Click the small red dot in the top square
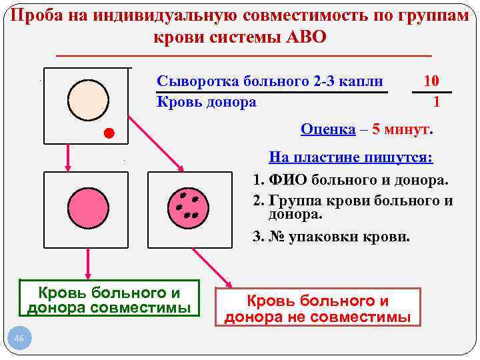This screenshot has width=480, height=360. (x=109, y=133)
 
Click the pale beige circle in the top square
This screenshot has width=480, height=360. (x=88, y=100)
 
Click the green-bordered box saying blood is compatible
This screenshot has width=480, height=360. (x=110, y=300)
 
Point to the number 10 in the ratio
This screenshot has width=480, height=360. (x=431, y=81)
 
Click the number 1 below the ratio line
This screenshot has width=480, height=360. (x=436, y=102)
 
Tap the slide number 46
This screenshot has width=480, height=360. (x=19, y=340)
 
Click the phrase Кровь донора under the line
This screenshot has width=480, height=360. (x=207, y=102)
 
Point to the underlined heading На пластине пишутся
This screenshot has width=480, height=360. (x=351, y=158)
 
